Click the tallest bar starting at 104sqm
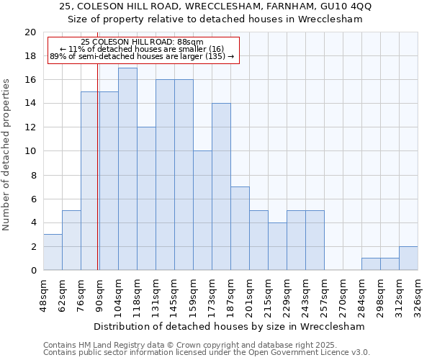pos(127,169)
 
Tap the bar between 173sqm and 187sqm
pos(221,186)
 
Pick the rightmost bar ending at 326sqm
pos(408,258)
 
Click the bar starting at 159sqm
pos(202,210)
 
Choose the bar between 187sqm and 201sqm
pos(240,228)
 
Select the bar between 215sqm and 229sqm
pos(277,246)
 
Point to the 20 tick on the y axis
pos(30,32)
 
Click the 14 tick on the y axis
pos(30,104)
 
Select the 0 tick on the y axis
pos(32,271)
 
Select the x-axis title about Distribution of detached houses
pos(229,326)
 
